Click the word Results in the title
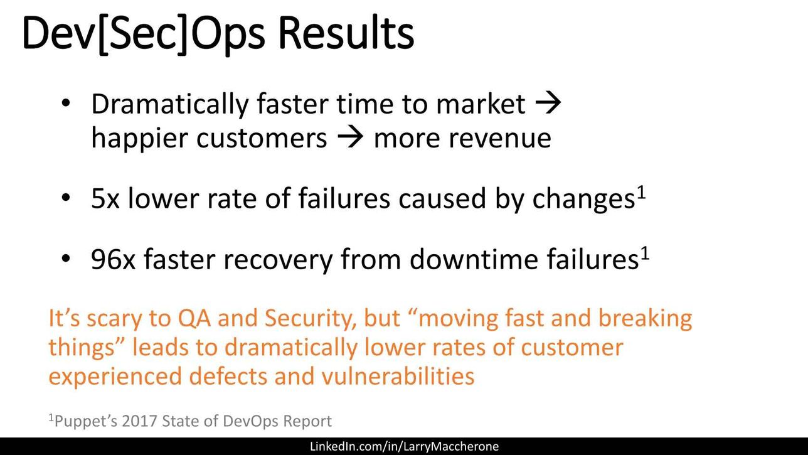click(x=346, y=33)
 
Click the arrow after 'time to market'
click(x=548, y=104)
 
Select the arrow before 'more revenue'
click(x=350, y=138)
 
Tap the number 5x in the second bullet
click(x=105, y=198)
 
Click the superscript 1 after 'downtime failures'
click(x=645, y=254)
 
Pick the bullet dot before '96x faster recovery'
click(x=66, y=259)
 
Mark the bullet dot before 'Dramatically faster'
click(x=66, y=103)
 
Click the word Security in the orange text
click(x=310, y=319)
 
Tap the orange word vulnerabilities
click(x=398, y=377)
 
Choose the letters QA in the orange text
click(x=194, y=319)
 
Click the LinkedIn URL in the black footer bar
click(x=405, y=446)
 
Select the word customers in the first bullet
click(x=262, y=139)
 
